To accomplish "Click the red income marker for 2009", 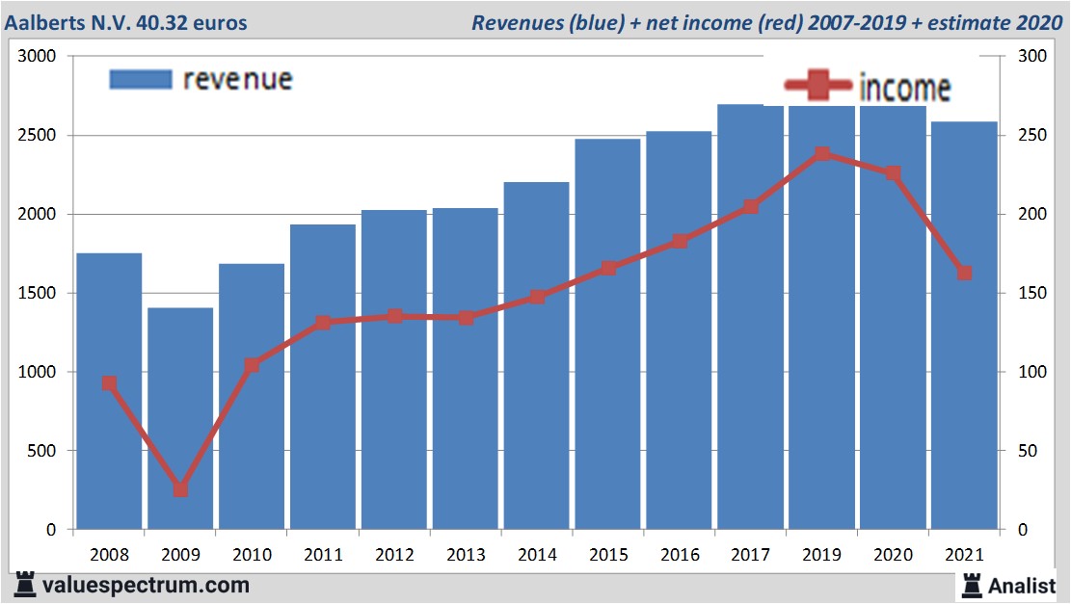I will (x=180, y=489).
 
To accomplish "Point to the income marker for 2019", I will (x=822, y=154).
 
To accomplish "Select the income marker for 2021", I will (x=964, y=274).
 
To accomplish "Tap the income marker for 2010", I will (x=252, y=365).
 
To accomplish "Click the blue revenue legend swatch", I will (x=141, y=79).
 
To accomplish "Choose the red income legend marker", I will (x=817, y=86).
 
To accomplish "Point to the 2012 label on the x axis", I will (x=394, y=556).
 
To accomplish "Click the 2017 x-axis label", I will (x=751, y=556).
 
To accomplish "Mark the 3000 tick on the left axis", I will (x=39, y=57).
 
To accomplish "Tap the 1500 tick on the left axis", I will (x=39, y=293).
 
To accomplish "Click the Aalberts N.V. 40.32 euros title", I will (x=125, y=22).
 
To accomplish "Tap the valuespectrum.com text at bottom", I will (x=146, y=585).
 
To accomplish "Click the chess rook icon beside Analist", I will (x=972, y=584).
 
